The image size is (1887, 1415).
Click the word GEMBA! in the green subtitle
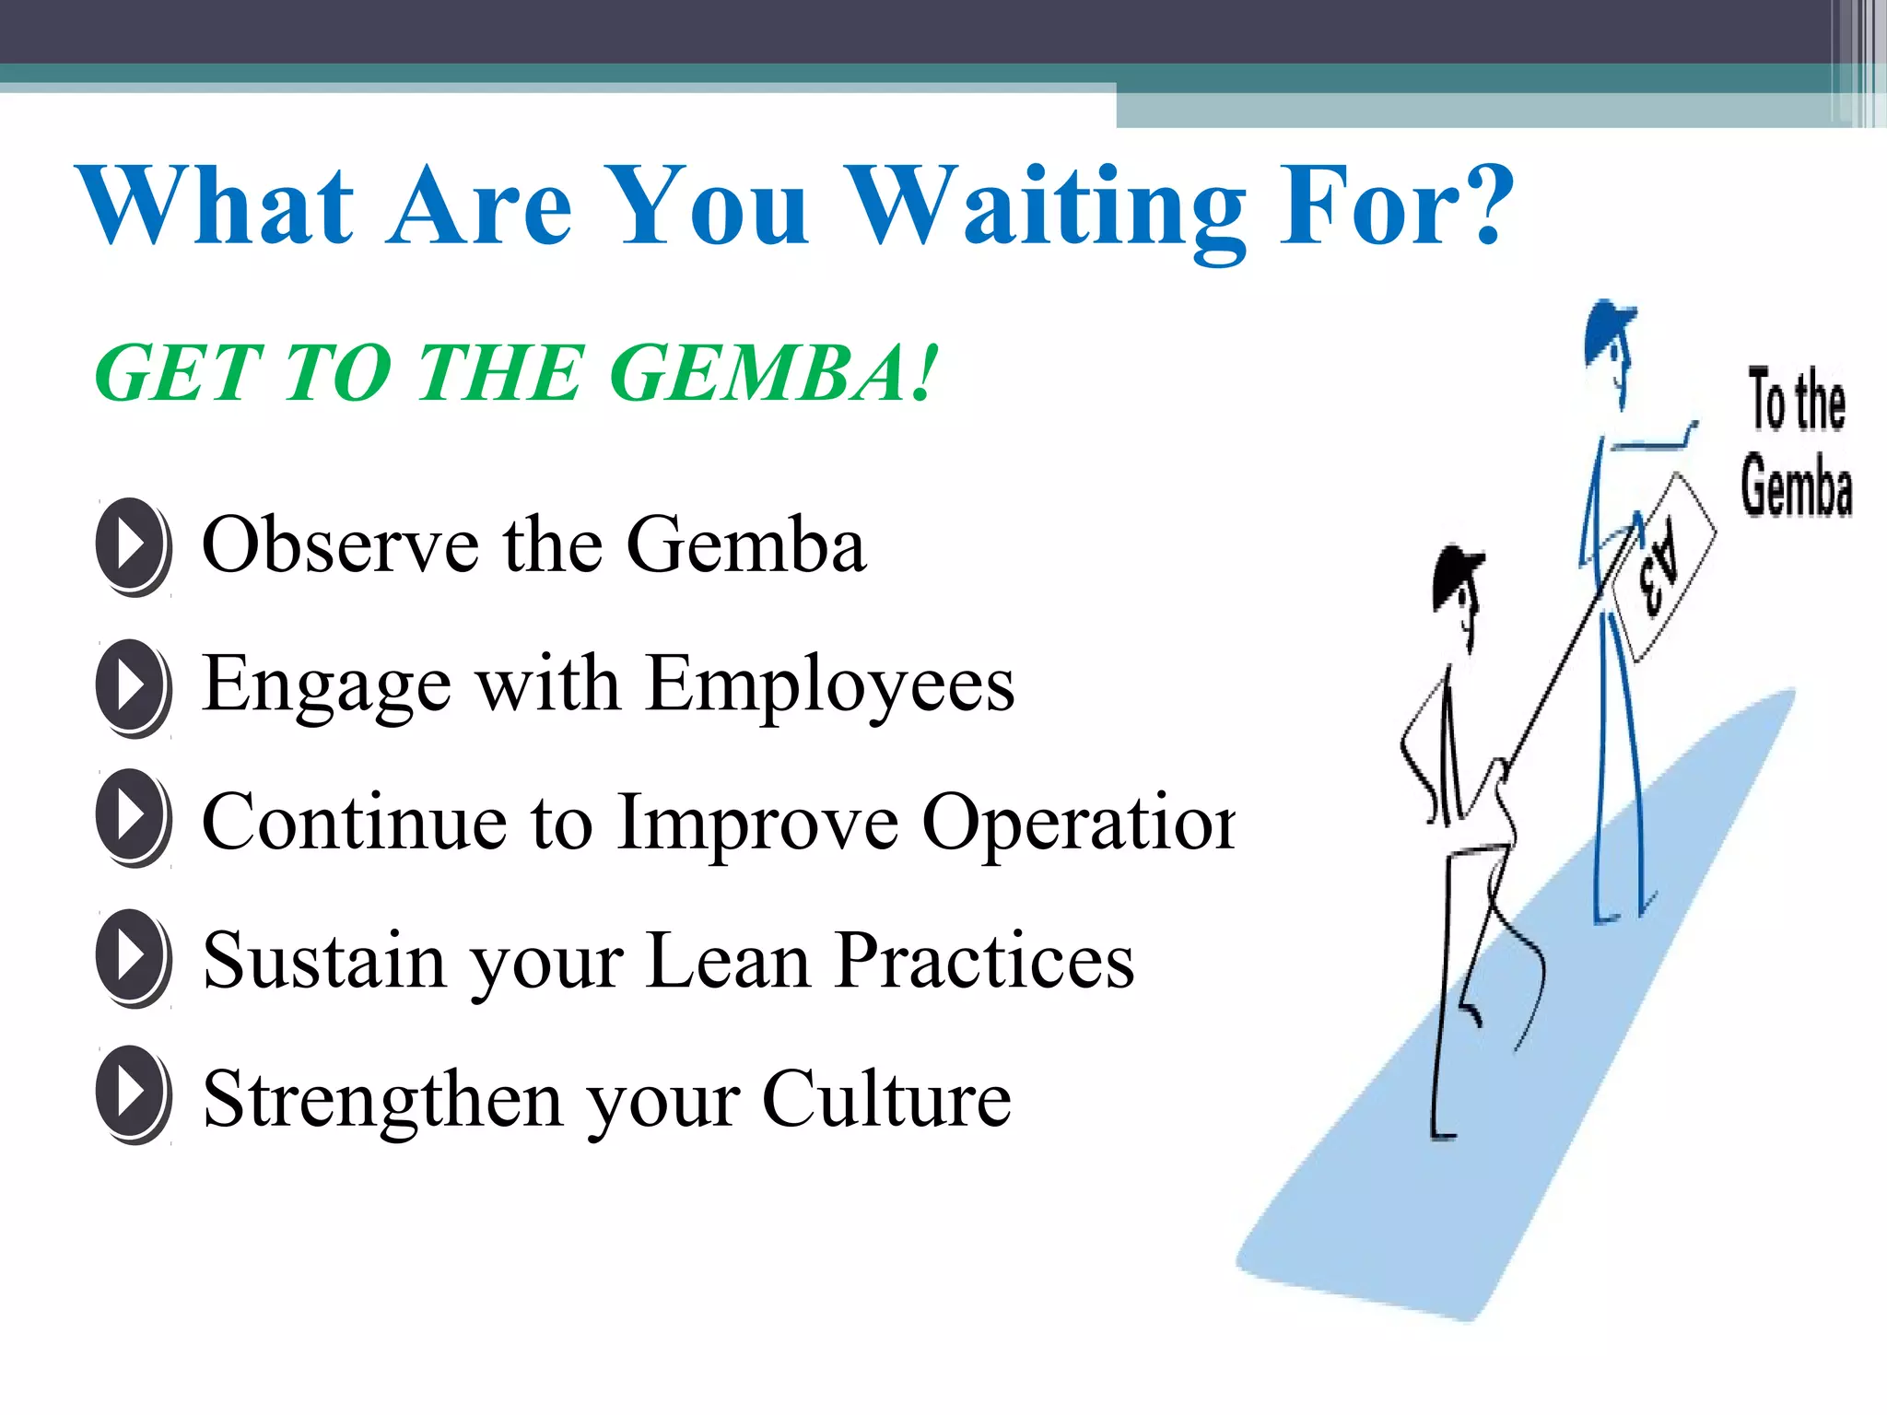click(774, 373)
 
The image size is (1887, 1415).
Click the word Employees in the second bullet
click(829, 686)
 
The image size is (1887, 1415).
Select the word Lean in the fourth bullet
click(728, 961)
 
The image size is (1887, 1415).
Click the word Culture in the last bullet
click(886, 1098)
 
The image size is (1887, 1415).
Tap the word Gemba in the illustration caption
click(1797, 485)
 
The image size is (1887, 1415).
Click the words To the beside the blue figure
click(1797, 401)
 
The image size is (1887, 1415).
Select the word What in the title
click(217, 207)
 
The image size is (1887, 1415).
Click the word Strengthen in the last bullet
click(382, 1098)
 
